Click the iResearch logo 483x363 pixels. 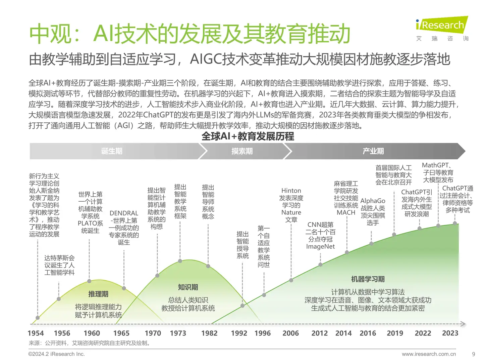pyautogui.click(x=442, y=29)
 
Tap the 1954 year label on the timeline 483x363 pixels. pyautogui.click(x=36, y=333)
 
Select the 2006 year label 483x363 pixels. pyautogui.click(x=290, y=333)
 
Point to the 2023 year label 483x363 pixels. pyautogui.click(x=450, y=333)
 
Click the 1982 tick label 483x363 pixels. pyautogui.click(x=209, y=333)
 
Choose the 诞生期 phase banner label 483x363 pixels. pyautogui.click(x=112, y=151)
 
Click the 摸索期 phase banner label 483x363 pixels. pyautogui.click(x=242, y=151)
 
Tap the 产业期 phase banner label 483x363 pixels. pyautogui.click(x=373, y=151)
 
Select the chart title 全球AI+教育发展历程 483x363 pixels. pyautogui.click(x=248, y=136)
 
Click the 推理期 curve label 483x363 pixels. pyautogui.click(x=98, y=294)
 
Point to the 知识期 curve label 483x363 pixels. pyautogui.click(x=188, y=287)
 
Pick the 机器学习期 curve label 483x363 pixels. pyautogui.click(x=368, y=279)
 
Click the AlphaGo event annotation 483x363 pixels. pyautogui.click(x=373, y=212)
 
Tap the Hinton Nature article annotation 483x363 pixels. pyautogui.click(x=291, y=205)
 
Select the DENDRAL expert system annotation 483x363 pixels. pyautogui.click(x=124, y=228)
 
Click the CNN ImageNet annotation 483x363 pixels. pyautogui.click(x=320, y=235)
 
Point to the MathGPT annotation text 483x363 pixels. pyautogui.click(x=438, y=172)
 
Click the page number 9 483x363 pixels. pyautogui.click(x=473, y=354)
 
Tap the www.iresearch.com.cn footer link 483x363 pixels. pyautogui.click(x=429, y=354)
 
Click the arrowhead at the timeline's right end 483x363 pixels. pyautogui.click(x=463, y=324)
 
